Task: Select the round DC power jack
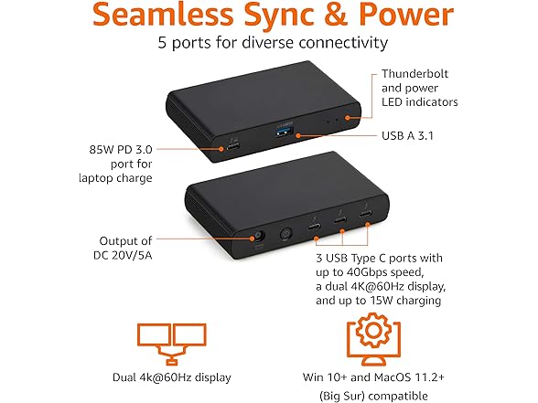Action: click(259, 237)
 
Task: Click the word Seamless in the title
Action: click(163, 14)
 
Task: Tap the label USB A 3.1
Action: click(407, 135)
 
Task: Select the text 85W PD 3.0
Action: click(121, 150)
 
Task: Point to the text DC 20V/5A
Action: click(123, 255)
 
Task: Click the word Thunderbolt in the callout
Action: click(414, 74)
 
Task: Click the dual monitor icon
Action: click(172, 343)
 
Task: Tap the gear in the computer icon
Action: click(373, 330)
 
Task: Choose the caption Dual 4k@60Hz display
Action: click(172, 377)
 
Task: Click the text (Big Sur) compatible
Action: click(373, 397)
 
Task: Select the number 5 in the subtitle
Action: click(162, 43)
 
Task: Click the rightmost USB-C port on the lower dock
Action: click(366, 214)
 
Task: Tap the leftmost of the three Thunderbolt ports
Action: click(315, 227)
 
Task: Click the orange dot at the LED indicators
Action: click(348, 118)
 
